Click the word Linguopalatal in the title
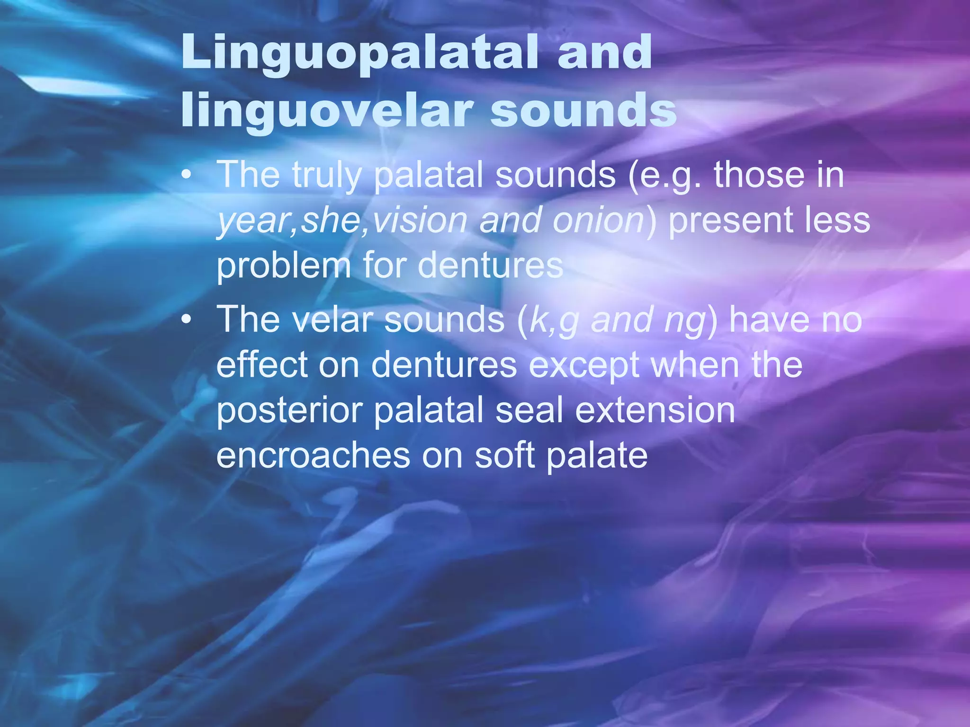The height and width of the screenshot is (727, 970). click(x=360, y=53)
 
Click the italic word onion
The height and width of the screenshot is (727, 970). click(x=598, y=221)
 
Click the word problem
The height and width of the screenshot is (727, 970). click(x=283, y=266)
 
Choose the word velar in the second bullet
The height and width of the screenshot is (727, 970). click(x=331, y=320)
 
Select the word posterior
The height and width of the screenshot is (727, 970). click(x=289, y=411)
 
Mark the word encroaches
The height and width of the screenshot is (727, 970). click(x=313, y=455)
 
